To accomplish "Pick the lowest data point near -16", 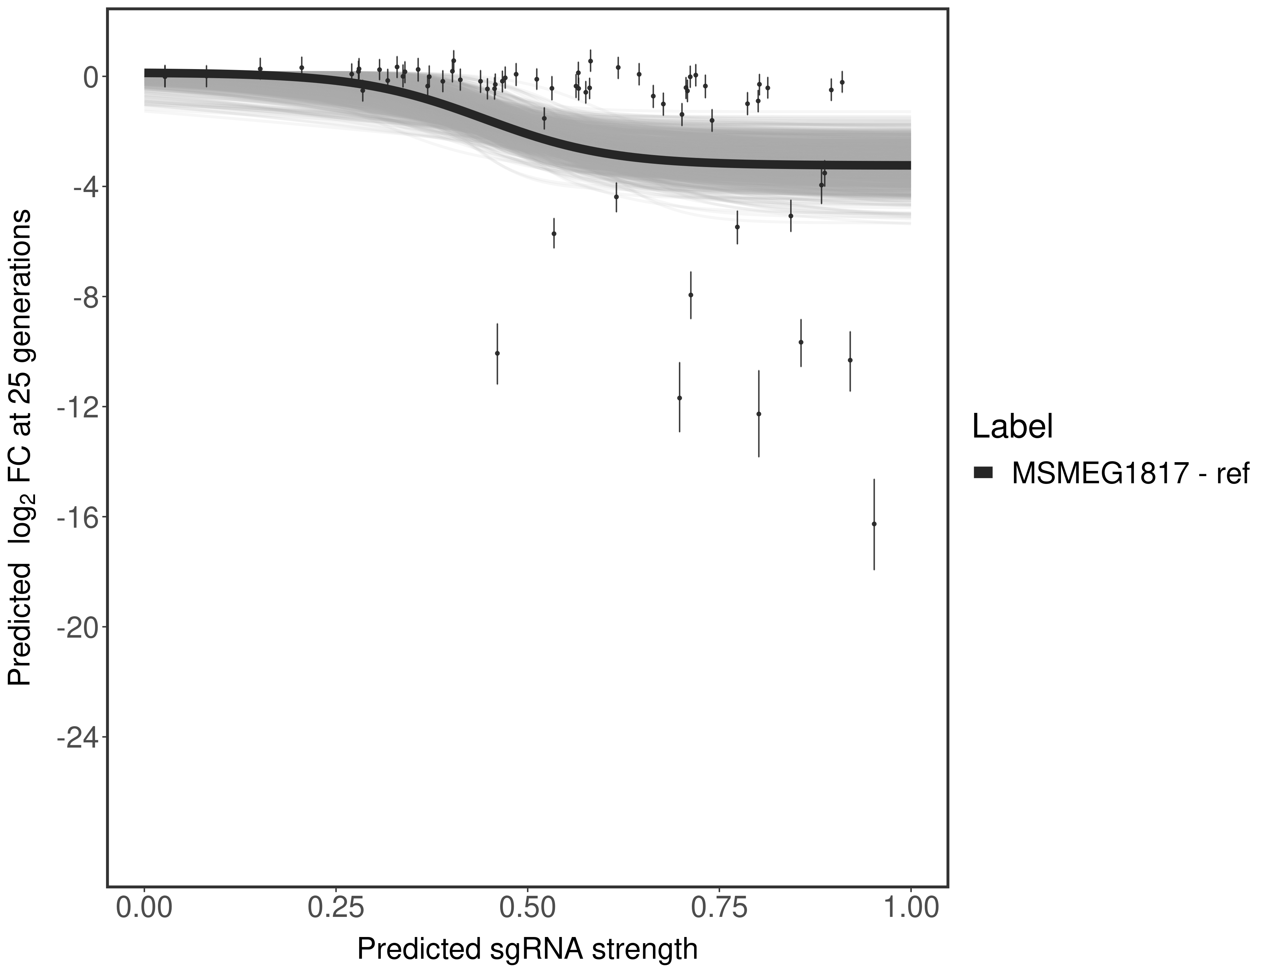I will click(x=874, y=524).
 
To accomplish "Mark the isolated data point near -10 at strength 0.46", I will click(x=497, y=353).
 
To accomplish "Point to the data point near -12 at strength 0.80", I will click(x=759, y=414).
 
